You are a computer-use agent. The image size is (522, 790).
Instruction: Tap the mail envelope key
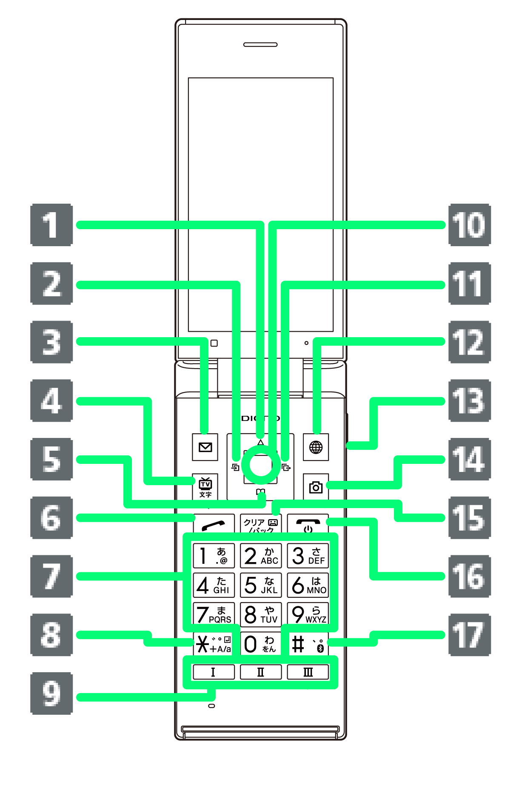point(205,447)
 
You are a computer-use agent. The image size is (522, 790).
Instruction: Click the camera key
point(316,487)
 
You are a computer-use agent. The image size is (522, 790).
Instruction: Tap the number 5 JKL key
point(260,585)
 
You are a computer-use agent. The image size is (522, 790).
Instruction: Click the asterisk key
point(213,644)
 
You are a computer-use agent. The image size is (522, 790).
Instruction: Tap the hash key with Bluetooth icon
point(308,644)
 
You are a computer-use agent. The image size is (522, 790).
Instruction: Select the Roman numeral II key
point(260,672)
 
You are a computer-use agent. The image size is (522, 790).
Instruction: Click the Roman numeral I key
point(213,672)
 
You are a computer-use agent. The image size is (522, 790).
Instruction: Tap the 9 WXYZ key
point(308,614)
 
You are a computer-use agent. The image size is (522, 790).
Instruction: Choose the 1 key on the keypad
point(213,556)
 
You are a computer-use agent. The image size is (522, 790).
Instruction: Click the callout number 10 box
point(469,225)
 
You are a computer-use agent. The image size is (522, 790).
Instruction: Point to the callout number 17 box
point(469,635)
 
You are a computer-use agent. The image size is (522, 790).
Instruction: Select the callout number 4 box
point(51,401)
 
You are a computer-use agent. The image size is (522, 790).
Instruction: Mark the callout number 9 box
point(51,693)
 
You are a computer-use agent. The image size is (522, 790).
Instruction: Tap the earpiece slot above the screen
point(260,44)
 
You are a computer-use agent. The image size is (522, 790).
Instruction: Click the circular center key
point(260,464)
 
